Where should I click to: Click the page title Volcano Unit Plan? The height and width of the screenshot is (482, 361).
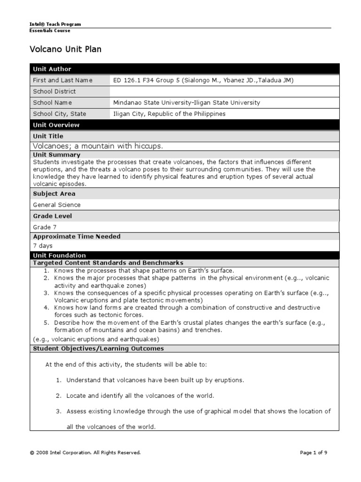click(65, 49)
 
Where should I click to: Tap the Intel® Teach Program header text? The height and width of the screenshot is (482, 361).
click(55, 24)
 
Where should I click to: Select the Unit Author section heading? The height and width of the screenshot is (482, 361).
click(52, 69)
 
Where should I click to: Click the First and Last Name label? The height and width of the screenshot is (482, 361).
click(63, 80)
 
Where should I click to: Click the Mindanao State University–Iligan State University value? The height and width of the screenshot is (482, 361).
click(187, 103)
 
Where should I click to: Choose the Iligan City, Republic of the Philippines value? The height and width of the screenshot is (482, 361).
click(169, 114)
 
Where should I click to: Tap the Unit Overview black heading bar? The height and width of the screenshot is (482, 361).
click(184, 125)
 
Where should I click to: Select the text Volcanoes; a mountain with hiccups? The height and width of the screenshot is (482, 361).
click(98, 146)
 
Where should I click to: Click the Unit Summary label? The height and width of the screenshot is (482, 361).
click(56, 154)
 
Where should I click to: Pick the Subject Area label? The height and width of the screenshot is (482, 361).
click(54, 193)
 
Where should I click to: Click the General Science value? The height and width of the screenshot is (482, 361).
click(56, 205)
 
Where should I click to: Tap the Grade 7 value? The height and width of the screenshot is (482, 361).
click(42, 227)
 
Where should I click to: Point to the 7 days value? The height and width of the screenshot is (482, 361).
click(43, 246)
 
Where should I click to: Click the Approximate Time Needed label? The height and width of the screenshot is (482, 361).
click(77, 237)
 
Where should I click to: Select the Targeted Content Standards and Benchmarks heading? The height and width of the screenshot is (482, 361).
click(108, 263)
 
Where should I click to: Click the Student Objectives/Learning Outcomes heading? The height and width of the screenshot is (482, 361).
click(98, 348)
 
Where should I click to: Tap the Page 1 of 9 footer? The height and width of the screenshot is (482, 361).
click(314, 453)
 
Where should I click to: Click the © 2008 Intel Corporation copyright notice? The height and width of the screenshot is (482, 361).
click(85, 453)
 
